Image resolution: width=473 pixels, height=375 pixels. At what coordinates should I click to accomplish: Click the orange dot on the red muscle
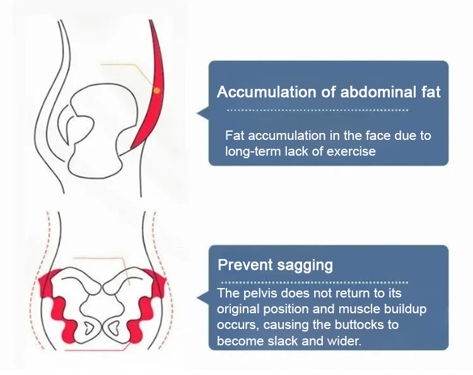(156, 91)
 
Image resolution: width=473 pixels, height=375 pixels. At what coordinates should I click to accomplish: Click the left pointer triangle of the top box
(203, 113)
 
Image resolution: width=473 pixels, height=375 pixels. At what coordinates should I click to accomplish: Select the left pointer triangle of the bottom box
(203, 297)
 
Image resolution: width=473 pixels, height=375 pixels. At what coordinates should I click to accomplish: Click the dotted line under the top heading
(317, 110)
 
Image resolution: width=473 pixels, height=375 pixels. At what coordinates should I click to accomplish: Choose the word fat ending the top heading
(429, 93)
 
